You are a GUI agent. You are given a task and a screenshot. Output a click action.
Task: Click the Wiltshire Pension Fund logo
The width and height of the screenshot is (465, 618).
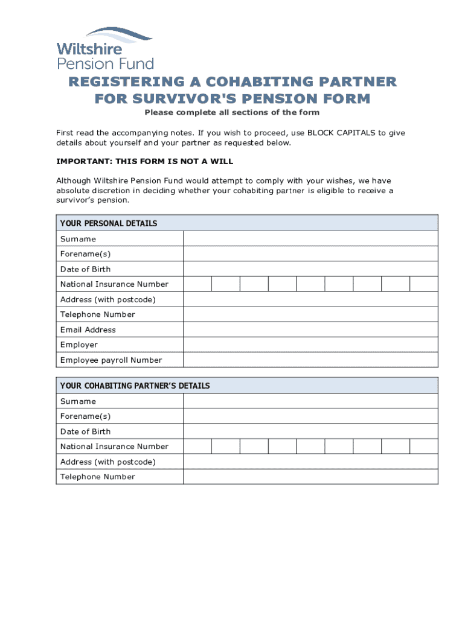104,48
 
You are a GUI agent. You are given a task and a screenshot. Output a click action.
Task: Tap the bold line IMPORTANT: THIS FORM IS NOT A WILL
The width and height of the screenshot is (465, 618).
144,162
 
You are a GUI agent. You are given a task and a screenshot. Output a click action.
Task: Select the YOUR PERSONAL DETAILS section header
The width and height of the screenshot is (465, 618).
109,223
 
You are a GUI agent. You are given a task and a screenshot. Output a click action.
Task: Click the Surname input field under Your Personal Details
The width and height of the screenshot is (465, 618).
310,239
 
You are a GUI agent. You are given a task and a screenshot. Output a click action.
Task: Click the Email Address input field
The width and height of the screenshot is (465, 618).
310,330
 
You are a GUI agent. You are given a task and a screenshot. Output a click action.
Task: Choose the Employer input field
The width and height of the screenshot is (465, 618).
310,345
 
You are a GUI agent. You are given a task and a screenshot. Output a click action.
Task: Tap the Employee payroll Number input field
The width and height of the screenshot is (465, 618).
310,360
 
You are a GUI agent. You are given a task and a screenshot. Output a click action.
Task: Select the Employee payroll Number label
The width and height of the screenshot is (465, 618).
111,360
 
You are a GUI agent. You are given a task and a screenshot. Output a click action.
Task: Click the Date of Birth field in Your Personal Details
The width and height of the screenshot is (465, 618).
310,269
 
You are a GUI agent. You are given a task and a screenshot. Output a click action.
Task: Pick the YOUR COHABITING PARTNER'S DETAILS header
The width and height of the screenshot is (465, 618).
135,386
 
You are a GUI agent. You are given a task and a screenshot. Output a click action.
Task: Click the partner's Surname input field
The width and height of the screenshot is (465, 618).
310,401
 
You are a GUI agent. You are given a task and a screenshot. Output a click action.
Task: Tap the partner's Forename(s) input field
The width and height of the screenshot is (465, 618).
310,416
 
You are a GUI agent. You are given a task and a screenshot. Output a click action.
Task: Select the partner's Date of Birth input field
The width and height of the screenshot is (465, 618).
310,432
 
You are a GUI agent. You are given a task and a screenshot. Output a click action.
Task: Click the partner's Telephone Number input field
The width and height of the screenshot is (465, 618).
310,477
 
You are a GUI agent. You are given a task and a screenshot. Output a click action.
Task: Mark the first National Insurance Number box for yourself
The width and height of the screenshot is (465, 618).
197,284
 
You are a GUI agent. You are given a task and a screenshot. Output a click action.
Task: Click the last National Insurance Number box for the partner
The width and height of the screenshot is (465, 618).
424,447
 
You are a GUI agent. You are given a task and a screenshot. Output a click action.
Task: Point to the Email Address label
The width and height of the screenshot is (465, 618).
88,330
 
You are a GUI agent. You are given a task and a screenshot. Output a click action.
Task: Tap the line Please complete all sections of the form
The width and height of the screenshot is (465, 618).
231,113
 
